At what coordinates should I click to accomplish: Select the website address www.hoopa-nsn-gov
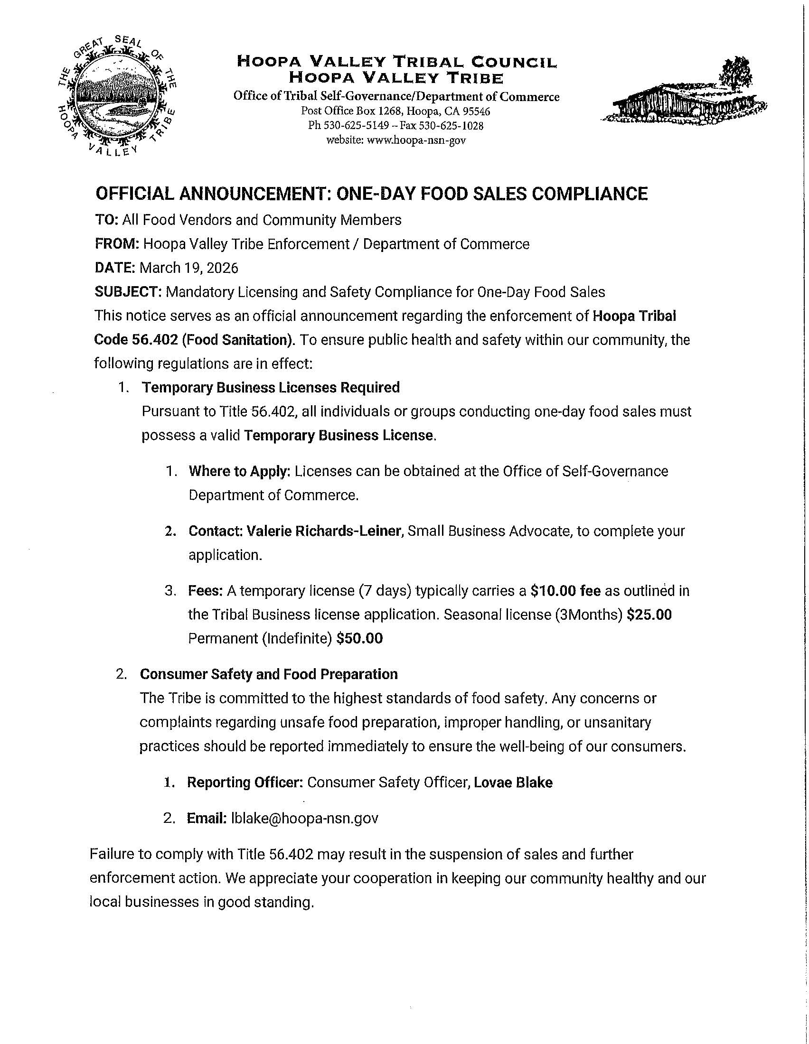415,140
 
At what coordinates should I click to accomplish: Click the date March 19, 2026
189,268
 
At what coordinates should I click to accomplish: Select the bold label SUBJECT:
128,291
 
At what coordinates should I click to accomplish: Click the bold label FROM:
117,244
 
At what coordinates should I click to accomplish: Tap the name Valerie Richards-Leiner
323,531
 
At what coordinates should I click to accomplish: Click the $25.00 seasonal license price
649,615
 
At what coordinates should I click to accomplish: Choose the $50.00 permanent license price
359,639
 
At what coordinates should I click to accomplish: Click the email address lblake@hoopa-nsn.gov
305,818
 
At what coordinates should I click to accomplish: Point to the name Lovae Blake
513,783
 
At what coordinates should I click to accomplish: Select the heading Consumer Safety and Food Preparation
268,674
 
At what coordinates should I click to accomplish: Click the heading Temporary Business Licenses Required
271,387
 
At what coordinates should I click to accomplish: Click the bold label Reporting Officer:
245,783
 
